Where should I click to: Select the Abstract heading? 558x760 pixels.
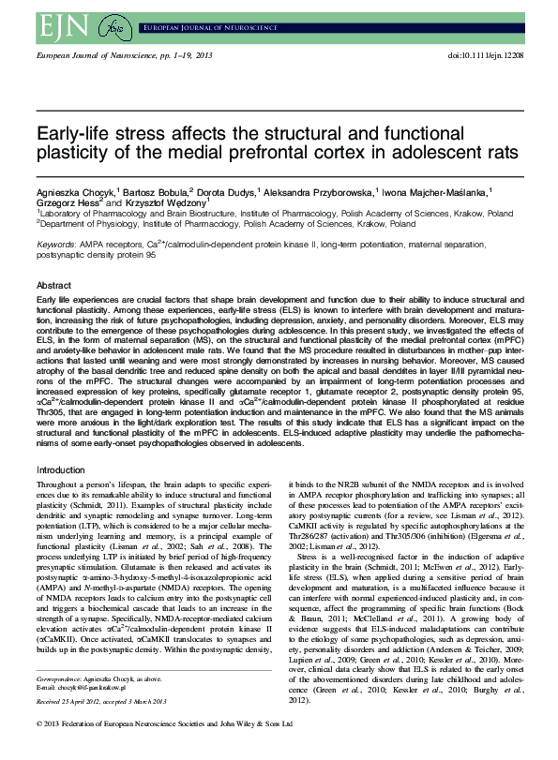click(53, 285)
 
